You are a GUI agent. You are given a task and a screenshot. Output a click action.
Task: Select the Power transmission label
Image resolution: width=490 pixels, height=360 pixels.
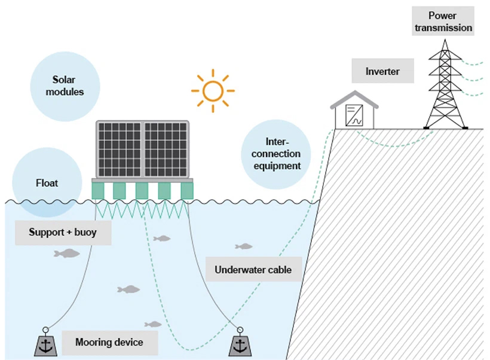click(x=443, y=22)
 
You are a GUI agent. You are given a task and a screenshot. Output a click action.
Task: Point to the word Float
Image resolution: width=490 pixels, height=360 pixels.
click(x=46, y=182)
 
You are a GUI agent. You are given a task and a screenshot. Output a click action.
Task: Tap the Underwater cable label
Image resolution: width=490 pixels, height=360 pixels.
click(x=253, y=270)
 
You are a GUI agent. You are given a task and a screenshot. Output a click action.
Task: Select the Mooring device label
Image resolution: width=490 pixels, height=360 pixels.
click(x=109, y=343)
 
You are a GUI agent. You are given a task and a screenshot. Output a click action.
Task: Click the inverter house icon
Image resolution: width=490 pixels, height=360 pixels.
click(x=354, y=112)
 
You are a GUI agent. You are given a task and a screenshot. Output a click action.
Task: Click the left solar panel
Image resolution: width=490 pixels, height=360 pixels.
click(x=120, y=149)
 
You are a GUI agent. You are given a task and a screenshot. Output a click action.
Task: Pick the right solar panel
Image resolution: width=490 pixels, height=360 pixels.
click(x=167, y=149)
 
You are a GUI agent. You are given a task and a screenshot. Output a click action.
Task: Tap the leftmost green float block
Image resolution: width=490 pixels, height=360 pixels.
click(x=98, y=191)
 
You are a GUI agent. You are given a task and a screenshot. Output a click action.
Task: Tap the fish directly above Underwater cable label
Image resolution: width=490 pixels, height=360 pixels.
click(x=244, y=246)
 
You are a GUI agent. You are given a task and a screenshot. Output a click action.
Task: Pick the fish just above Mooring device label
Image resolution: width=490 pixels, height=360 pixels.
click(x=154, y=324)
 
